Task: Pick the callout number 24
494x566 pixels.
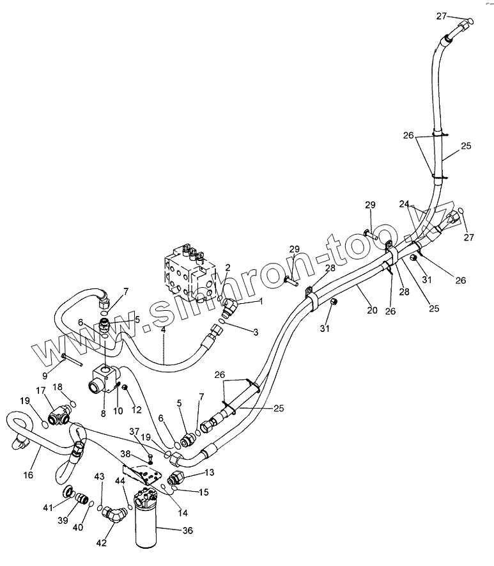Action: tap(404, 205)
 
